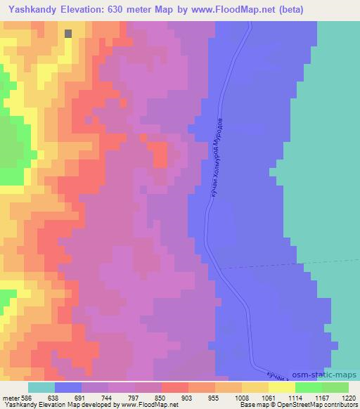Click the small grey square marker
pos(68,33)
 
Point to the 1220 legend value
pos(349,396)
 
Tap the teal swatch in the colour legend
pos(41,387)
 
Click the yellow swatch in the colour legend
pos(281,387)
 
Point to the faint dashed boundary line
pos(281,266)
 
